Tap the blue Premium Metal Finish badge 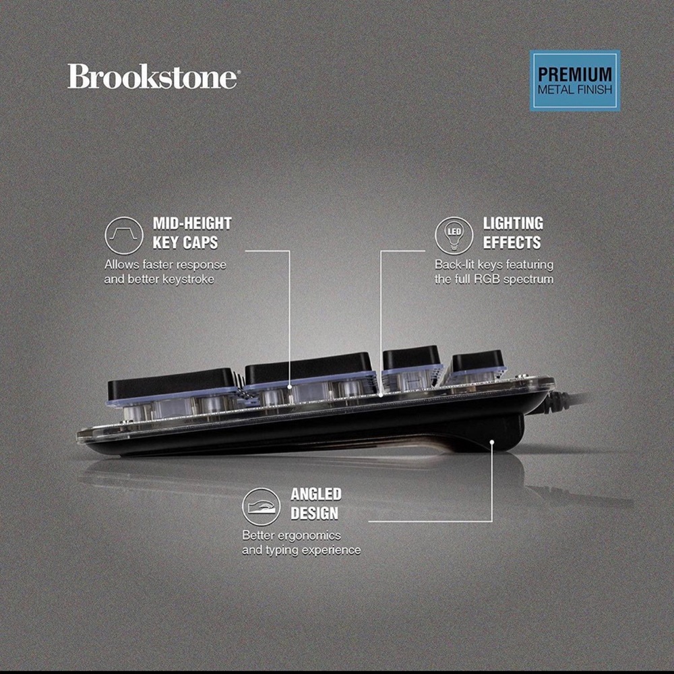point(575,81)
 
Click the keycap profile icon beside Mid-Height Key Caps point(124,235)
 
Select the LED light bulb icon point(454,235)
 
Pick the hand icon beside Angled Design point(261,506)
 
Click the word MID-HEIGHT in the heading point(192,224)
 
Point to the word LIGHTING point(513,224)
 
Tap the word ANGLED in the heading point(316,494)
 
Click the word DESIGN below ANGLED point(314,514)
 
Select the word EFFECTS point(512,243)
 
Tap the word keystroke point(189,280)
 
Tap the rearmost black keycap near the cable point(477,360)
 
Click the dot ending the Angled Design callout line point(492,441)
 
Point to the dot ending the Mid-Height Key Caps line point(290,387)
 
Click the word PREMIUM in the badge point(575,74)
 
